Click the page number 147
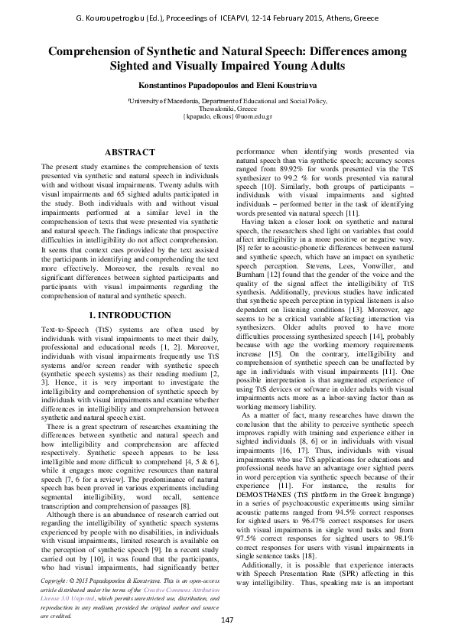click(226, 619)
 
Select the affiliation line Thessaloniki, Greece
click(227, 110)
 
